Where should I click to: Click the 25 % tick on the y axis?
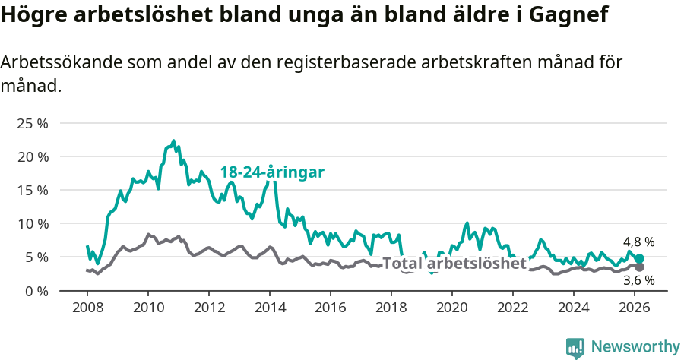[x=33, y=123]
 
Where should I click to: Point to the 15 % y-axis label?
[x=33, y=190]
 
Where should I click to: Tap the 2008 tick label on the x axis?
[x=87, y=308]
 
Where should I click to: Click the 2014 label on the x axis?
[x=270, y=308]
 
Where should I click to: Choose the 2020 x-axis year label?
[x=452, y=308]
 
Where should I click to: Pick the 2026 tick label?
[x=635, y=308]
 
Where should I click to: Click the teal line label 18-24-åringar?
[x=272, y=172]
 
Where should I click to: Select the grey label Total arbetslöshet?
[x=454, y=264]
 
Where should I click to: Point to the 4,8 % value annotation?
[x=638, y=242]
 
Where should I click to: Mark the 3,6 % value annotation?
[x=638, y=281]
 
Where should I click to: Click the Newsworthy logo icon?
[x=575, y=348]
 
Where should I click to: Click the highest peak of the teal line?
[x=173, y=141]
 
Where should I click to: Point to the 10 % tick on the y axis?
[x=33, y=223]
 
